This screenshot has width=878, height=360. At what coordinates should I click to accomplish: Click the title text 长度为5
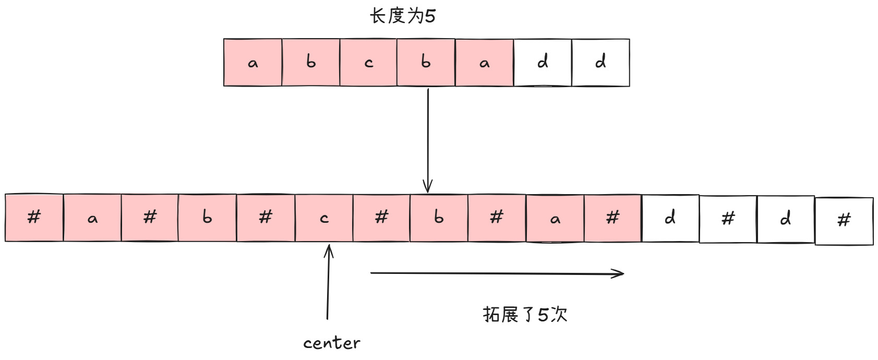pyautogui.click(x=402, y=16)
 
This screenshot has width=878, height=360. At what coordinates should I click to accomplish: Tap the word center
pyautogui.click(x=331, y=343)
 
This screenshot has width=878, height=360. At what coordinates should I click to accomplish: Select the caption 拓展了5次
pyautogui.click(x=525, y=315)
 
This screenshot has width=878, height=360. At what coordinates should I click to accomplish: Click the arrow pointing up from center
pyautogui.click(x=328, y=282)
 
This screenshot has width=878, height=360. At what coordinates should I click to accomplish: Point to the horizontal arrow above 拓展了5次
pyautogui.click(x=497, y=273)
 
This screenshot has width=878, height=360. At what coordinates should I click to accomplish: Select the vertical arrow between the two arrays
pyautogui.click(x=428, y=140)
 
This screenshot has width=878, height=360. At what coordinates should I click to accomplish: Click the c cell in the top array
pyautogui.click(x=368, y=63)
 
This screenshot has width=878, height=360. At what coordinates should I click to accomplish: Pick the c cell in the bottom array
pyautogui.click(x=324, y=218)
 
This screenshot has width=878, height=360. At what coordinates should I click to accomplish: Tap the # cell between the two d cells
pyautogui.click(x=728, y=219)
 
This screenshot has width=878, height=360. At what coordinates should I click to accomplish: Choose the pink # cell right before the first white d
pyautogui.click(x=612, y=218)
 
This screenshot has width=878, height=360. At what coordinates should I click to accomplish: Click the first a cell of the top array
pyautogui.click(x=253, y=63)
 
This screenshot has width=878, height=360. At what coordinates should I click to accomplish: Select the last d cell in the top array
pyautogui.click(x=600, y=63)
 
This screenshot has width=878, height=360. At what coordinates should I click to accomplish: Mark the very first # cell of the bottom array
pyautogui.click(x=34, y=218)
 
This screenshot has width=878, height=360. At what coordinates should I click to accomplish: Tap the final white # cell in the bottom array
pyautogui.click(x=844, y=221)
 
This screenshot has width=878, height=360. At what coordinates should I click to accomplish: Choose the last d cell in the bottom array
pyautogui.click(x=785, y=219)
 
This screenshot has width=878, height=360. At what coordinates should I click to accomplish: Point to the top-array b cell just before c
pyautogui.click(x=311, y=63)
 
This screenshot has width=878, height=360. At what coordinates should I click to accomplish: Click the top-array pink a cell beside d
pyautogui.click(x=484, y=63)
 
